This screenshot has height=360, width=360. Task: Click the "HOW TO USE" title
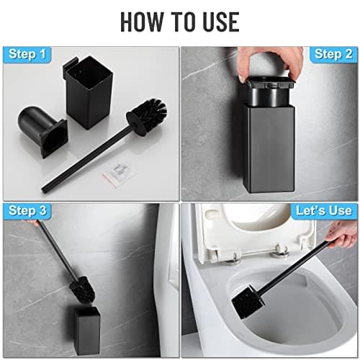click(179, 21)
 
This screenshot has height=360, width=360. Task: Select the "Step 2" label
click(332, 55)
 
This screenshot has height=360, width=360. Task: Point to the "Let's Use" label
click(323, 211)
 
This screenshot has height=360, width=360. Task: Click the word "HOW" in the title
click(143, 21)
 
